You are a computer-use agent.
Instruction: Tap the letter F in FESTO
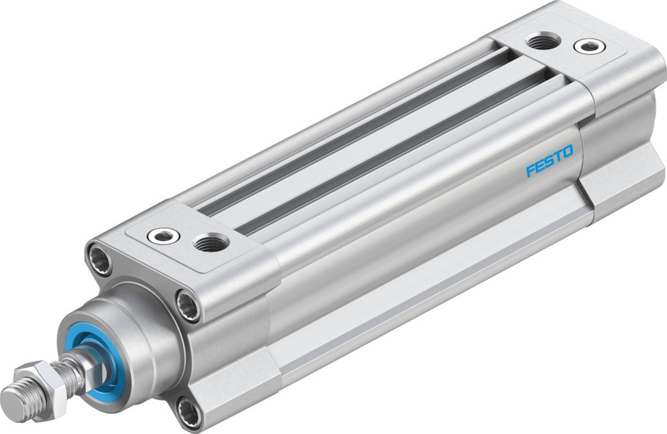[530, 170]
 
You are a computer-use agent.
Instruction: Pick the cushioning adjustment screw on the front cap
[160, 235]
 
